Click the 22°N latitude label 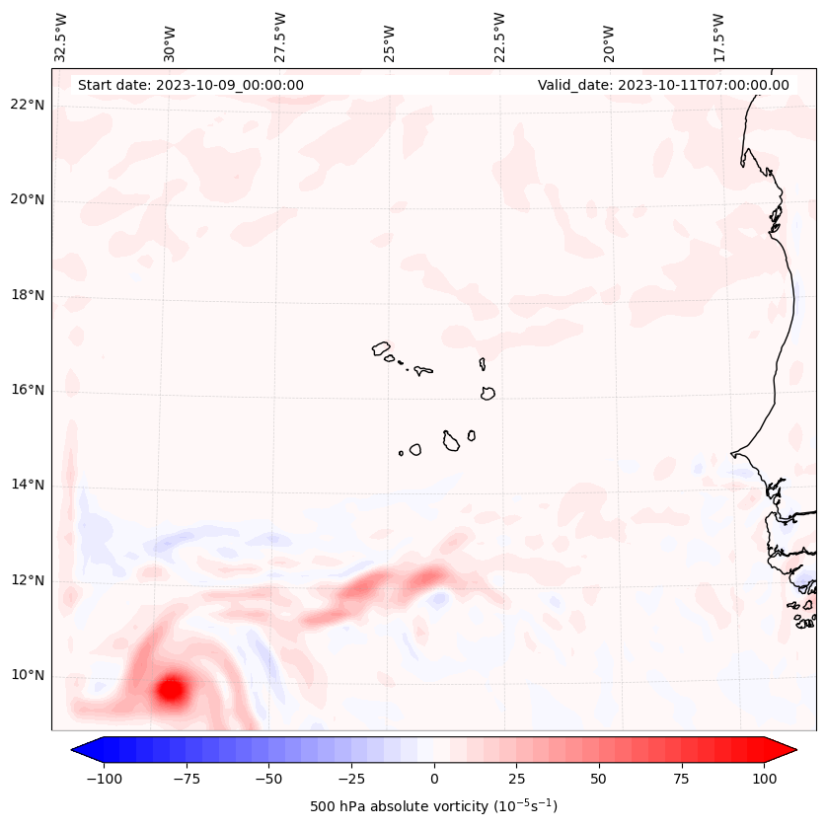tap(28, 106)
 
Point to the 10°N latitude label tap(28, 676)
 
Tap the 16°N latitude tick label tap(28, 391)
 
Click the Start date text tap(190, 85)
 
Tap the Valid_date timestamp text tap(663, 85)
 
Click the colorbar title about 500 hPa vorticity tap(433, 806)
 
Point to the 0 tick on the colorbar tap(434, 780)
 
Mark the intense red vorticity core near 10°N tap(172, 689)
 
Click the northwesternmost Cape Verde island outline tap(382, 348)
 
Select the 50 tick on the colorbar tap(599, 780)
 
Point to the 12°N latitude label tap(28, 581)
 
